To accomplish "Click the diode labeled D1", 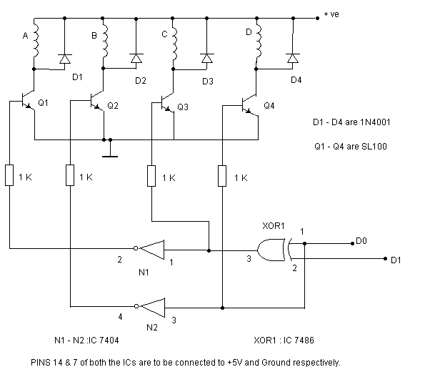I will click(x=65, y=58).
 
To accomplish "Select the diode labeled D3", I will click(x=206, y=58).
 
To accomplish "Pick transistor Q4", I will click(x=250, y=105).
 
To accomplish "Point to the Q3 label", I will click(x=182, y=107).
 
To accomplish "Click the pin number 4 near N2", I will click(x=119, y=316).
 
